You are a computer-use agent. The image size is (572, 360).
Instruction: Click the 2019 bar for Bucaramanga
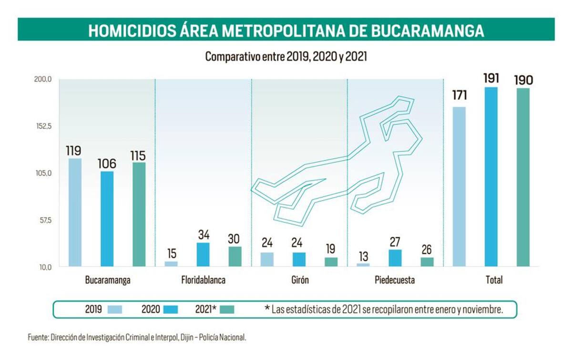75,212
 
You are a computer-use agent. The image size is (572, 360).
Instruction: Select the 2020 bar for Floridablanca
203,254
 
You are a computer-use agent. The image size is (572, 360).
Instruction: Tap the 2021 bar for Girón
331,262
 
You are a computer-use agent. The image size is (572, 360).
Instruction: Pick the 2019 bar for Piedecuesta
363,265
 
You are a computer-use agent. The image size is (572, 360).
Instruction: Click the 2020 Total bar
491,176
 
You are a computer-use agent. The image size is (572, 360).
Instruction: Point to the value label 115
139,156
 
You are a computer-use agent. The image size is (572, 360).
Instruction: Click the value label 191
491,78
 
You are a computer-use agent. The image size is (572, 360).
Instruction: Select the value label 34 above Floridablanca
203,235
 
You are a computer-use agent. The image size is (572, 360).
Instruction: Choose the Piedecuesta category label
395,280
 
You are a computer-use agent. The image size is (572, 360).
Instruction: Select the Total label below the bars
494,280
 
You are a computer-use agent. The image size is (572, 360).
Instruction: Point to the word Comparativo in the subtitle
228,56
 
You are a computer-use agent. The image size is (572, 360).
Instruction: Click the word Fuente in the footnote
37,338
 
